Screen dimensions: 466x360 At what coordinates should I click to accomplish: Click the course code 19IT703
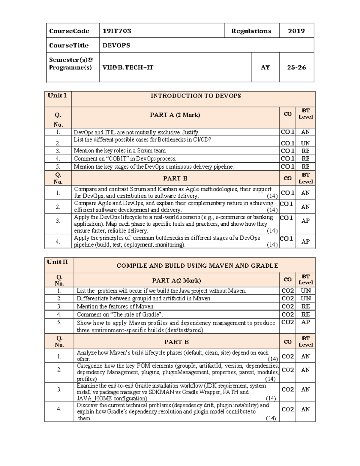[x=117, y=31]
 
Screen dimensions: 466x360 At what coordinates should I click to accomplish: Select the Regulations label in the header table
[x=251, y=31]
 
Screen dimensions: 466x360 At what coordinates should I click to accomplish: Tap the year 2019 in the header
[x=296, y=31]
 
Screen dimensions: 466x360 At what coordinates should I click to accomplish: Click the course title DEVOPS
[x=116, y=45]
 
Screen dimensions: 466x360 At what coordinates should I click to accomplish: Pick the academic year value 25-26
[x=296, y=67]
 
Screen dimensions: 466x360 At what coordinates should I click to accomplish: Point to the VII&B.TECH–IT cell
[x=128, y=67]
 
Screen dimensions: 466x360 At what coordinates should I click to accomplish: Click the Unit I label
[x=57, y=95]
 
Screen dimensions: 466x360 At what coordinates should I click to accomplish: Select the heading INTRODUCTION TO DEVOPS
[x=196, y=96]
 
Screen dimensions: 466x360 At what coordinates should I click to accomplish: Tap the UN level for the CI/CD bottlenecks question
[x=305, y=143]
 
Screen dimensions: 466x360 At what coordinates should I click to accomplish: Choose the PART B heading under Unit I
[x=175, y=178]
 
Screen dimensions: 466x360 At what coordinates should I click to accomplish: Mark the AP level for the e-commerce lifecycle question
[x=305, y=221]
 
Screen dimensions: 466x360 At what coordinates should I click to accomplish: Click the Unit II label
[x=58, y=262]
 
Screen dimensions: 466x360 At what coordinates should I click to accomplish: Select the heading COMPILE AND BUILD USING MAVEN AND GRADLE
[x=197, y=266]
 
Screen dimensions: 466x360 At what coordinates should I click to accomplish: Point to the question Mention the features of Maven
[x=115, y=306]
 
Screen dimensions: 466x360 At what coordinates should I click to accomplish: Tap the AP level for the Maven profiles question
[x=305, y=322]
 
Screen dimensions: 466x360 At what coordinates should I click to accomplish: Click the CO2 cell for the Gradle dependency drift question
[x=287, y=409]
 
